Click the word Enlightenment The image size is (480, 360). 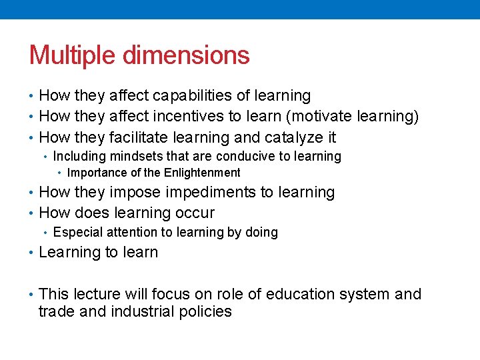[203, 173]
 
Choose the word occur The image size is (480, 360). [194, 213]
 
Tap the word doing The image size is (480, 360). [261, 233]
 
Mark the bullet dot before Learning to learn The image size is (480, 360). [32, 253]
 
